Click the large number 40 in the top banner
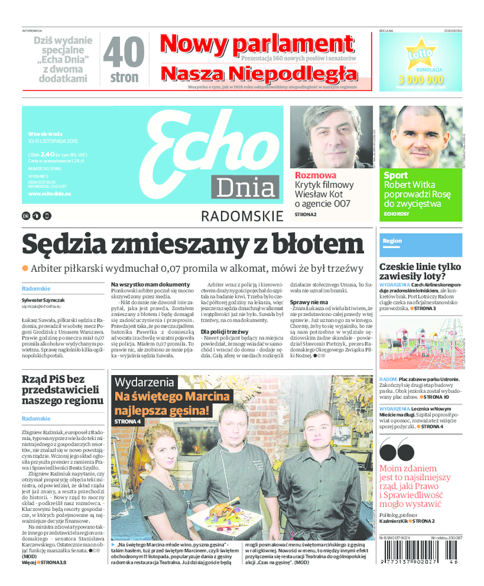(123, 52)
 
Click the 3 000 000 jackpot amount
(420, 79)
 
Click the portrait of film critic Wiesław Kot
(331, 137)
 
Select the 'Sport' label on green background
(396, 176)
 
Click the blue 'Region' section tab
(393, 241)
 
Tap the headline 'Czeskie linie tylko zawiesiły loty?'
(420, 272)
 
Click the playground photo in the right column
(420, 344)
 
